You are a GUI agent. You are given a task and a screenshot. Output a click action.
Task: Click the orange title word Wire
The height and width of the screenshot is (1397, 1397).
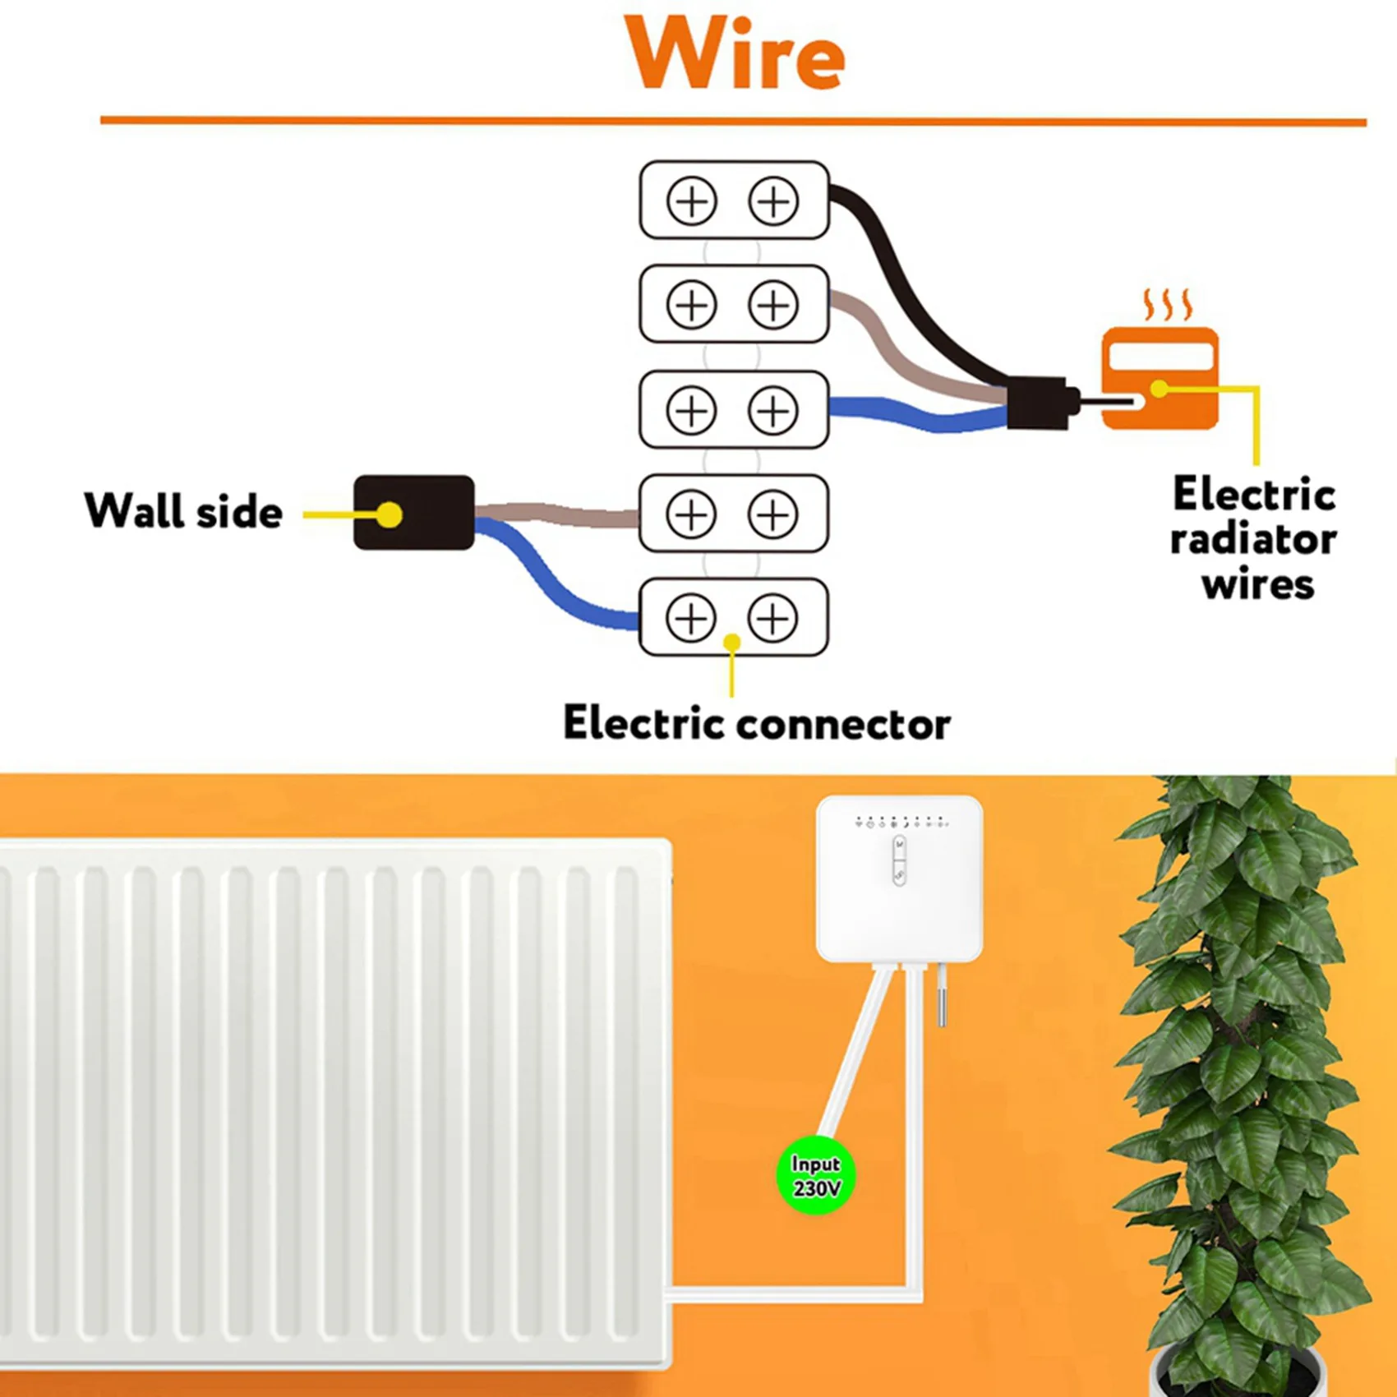pos(734,53)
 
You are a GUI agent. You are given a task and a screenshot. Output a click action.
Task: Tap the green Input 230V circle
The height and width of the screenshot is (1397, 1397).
pos(815,1176)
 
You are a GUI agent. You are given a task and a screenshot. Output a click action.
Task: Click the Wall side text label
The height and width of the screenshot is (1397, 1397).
pos(183,511)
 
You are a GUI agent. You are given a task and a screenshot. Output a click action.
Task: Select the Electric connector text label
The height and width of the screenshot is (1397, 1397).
pos(756,724)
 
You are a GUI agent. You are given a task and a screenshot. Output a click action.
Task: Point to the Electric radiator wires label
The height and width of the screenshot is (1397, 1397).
pos(1253,539)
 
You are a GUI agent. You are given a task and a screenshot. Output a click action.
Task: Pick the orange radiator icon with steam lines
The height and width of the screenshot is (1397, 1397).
pos(1160,377)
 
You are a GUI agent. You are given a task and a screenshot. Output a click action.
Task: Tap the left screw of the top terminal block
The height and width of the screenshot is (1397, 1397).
pos(691,201)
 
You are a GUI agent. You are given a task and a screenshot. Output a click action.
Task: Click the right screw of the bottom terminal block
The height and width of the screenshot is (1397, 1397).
pos(772,618)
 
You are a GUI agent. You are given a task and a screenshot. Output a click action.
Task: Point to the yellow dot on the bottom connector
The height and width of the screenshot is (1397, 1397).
pos(731,642)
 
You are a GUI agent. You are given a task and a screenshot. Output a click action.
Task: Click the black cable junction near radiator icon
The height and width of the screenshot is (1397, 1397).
pos(1037,403)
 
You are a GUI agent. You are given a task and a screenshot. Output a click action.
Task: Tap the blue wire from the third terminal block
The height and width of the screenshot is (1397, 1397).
pos(912,415)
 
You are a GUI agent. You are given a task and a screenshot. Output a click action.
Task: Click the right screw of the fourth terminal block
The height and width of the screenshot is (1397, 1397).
pos(772,514)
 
